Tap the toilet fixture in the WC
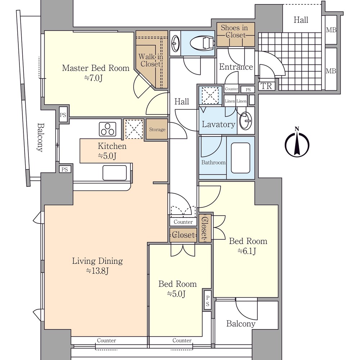[202, 43]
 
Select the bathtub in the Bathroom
[240, 158]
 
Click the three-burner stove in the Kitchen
[107, 129]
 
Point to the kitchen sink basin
[114, 173]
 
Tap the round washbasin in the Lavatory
[246, 121]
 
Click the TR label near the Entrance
[266, 86]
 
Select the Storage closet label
[157, 130]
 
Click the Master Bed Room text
[96, 68]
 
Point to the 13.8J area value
[97, 271]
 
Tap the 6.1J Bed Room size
[247, 251]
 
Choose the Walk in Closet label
[150, 60]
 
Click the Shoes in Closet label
[235, 31]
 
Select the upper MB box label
[331, 30]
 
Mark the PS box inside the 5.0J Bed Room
[208, 301]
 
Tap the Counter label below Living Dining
[106, 340]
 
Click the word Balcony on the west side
[40, 137]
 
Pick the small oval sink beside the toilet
[176, 43]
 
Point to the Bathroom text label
[213, 163]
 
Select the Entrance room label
[236, 67]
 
